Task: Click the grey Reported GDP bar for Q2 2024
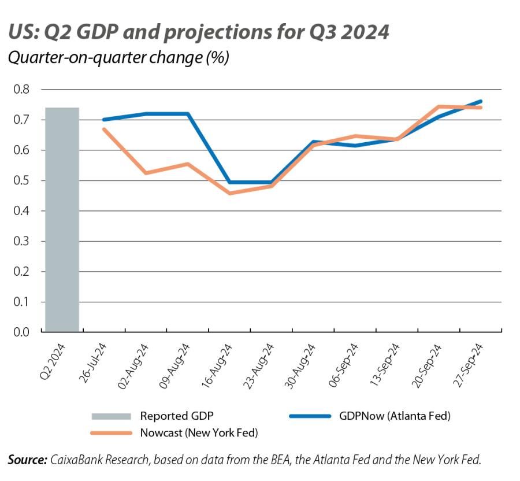pyautogui.click(x=62, y=220)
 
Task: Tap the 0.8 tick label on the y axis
pyautogui.click(x=21, y=90)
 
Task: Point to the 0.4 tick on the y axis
pyautogui.click(x=21, y=211)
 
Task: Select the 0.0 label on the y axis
pyautogui.click(x=21, y=332)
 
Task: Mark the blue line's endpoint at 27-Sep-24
pyautogui.click(x=481, y=101)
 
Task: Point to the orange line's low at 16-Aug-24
pyautogui.click(x=230, y=193)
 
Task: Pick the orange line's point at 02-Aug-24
pyautogui.click(x=146, y=173)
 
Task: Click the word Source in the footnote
pyautogui.click(x=27, y=460)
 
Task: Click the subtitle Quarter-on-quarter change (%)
pyautogui.click(x=118, y=58)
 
